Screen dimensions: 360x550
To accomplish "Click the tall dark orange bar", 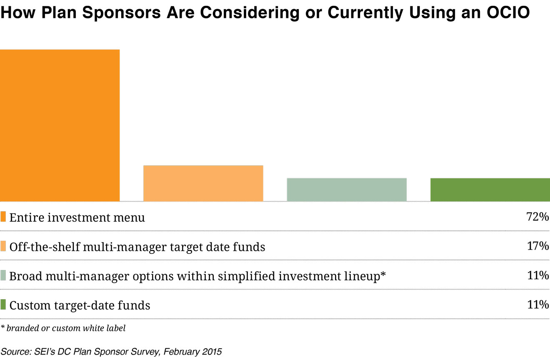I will (60, 125).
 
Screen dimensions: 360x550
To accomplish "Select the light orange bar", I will (203, 183).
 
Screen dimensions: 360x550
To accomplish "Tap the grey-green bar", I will (347, 190).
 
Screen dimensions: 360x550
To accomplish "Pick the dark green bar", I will (490, 190).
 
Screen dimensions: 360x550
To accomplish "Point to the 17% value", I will (538, 246).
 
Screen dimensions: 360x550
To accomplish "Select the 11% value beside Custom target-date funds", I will (538, 305).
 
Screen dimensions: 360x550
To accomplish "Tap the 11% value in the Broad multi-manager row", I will (538, 275).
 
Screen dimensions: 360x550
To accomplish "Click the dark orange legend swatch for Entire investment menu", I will (3, 217).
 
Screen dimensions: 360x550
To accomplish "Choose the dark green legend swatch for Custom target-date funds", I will (3, 305).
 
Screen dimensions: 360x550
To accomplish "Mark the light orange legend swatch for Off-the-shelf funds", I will (3, 246).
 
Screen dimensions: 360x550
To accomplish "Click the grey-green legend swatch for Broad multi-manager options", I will (3, 276).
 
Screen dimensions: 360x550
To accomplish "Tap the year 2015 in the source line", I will (211, 351).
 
